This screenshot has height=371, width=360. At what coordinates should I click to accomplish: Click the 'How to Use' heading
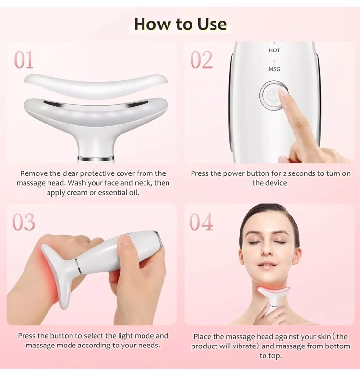pyautogui.click(x=180, y=24)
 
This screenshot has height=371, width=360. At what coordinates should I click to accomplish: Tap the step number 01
pyautogui.click(x=24, y=60)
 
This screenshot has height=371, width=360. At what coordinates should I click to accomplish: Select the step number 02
pyautogui.click(x=201, y=60)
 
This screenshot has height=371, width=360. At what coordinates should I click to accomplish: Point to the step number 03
pyautogui.click(x=24, y=222)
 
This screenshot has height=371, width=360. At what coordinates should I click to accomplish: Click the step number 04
pyautogui.click(x=201, y=222)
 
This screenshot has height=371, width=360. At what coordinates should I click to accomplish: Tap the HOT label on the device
pyautogui.click(x=274, y=50)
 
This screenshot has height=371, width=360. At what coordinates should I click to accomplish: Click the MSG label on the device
pyautogui.click(x=274, y=69)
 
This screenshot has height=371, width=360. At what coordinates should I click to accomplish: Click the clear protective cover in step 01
pyautogui.click(x=96, y=84)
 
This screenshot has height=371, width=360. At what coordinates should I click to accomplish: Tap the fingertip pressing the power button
pyautogui.click(x=283, y=91)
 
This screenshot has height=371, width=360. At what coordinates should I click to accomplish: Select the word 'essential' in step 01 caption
pyautogui.click(x=113, y=193)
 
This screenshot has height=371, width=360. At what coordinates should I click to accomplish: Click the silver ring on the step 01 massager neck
pyautogui.click(x=96, y=158)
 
